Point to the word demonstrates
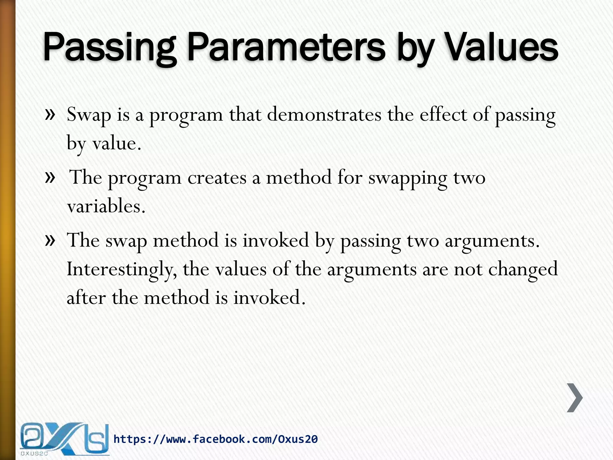[324, 115]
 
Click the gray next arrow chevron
[575, 398]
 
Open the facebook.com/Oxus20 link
[216, 439]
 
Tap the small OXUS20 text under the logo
[34, 454]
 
